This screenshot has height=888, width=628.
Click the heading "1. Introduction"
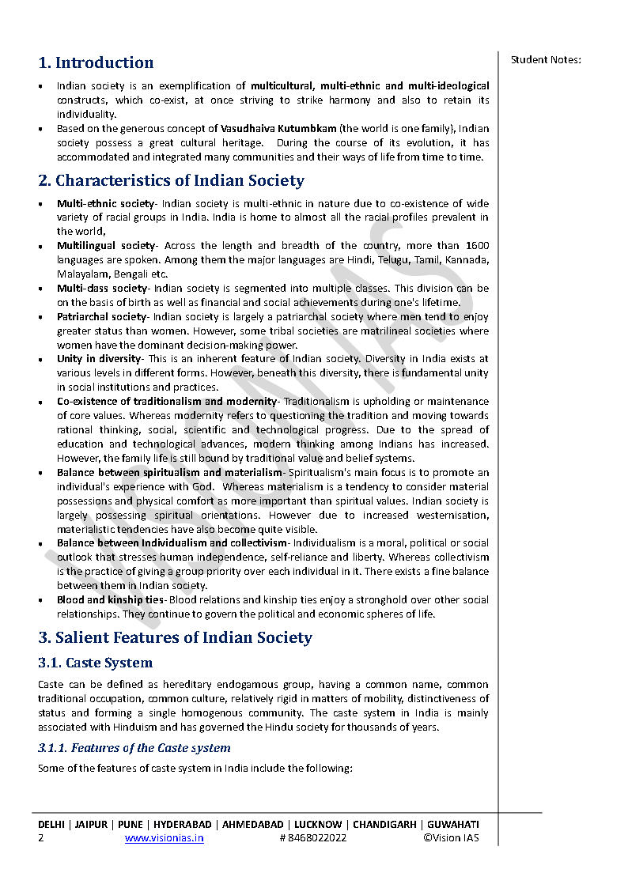pos(96,62)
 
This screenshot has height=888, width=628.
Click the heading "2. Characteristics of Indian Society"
pos(171,180)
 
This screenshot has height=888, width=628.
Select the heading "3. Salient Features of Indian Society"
pos(175,637)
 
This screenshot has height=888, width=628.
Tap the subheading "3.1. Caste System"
pos(95,663)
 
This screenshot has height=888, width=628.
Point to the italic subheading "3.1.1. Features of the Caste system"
pos(134,748)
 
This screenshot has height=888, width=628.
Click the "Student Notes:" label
pos(546,59)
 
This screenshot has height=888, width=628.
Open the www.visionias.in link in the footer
pos(164,838)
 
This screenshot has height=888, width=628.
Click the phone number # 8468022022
pos(312,838)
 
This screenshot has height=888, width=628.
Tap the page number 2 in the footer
pos(41,838)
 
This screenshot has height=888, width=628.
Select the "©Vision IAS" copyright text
pos(451,838)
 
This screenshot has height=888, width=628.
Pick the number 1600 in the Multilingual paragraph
pos(477,246)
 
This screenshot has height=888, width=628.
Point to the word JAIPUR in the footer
pos(93,824)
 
